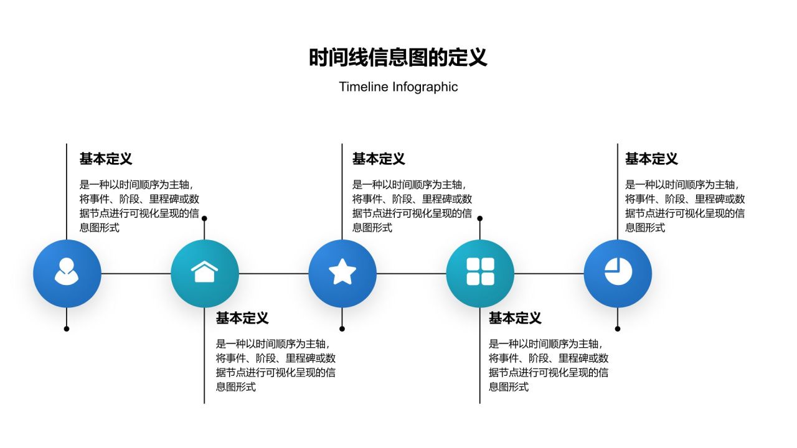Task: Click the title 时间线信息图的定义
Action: click(x=398, y=57)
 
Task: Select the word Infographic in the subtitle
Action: click(x=425, y=87)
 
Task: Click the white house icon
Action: click(x=205, y=273)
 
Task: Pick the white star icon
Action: click(x=342, y=273)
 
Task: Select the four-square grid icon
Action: click(x=480, y=273)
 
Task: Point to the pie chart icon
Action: click(x=618, y=273)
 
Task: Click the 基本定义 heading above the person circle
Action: click(x=106, y=159)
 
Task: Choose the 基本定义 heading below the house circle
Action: click(x=242, y=319)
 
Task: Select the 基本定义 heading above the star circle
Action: click(x=379, y=159)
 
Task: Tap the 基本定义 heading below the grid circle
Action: click(x=515, y=319)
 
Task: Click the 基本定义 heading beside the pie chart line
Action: click(x=651, y=159)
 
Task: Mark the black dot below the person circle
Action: click(x=67, y=329)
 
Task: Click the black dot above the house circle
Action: click(x=204, y=218)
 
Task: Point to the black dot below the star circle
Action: click(x=342, y=329)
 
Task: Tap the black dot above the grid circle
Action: click(x=479, y=218)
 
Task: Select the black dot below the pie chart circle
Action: click(x=618, y=329)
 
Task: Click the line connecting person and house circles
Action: click(x=136, y=273)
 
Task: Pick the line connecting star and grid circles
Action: click(x=411, y=273)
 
